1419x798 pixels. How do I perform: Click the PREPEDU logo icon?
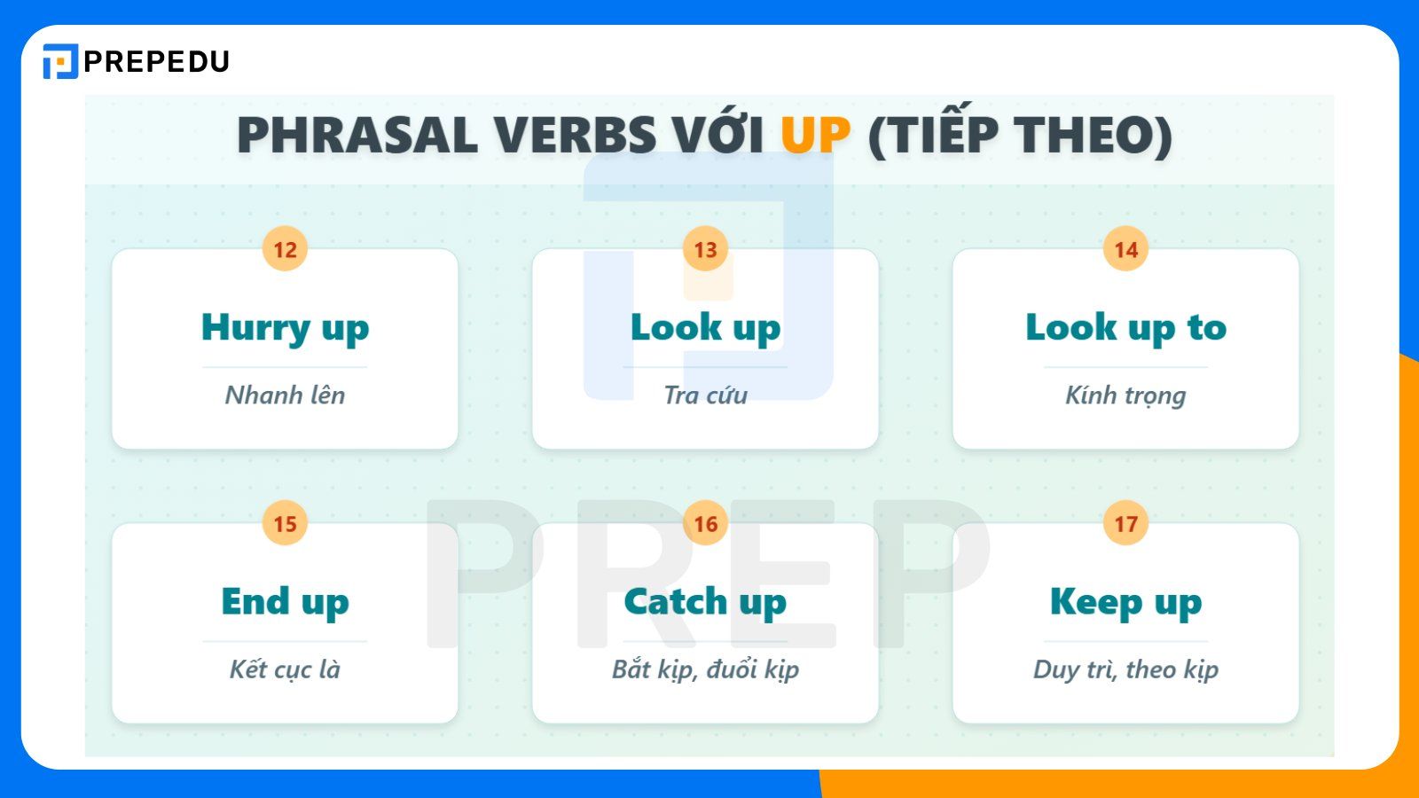[x=60, y=61]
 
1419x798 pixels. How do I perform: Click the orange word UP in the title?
[x=815, y=136]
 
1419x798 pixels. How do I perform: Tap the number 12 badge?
[x=285, y=250]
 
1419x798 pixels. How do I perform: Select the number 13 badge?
[x=705, y=250]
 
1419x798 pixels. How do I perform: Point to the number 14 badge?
[x=1125, y=250]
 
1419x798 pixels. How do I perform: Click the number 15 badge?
[x=285, y=524]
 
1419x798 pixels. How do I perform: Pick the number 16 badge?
[x=705, y=524]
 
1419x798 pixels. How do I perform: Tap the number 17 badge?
[x=1125, y=524]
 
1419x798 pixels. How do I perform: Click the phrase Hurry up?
[x=285, y=328]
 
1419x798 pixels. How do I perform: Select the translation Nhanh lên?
[x=285, y=395]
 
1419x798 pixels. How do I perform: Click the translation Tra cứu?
[x=705, y=395]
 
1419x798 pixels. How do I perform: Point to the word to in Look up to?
[x=1206, y=328]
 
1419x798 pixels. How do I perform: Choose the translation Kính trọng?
[x=1125, y=395]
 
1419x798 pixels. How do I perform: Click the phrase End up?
[x=285, y=602]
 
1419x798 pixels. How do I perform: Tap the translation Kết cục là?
[x=285, y=669]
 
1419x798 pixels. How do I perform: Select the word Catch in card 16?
[x=676, y=602]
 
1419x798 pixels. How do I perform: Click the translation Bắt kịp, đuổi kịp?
[x=705, y=669]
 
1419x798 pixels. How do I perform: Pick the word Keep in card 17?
[x=1096, y=602]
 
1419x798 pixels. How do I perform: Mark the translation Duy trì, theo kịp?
[x=1125, y=669]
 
